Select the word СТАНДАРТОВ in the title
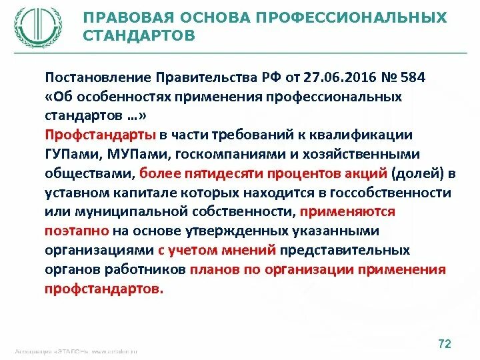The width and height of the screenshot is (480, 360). (139, 35)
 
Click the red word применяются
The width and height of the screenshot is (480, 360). (347, 212)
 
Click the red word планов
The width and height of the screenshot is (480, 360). (214, 270)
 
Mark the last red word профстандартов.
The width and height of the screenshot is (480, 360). (104, 289)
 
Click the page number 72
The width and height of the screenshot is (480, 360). (444, 344)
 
